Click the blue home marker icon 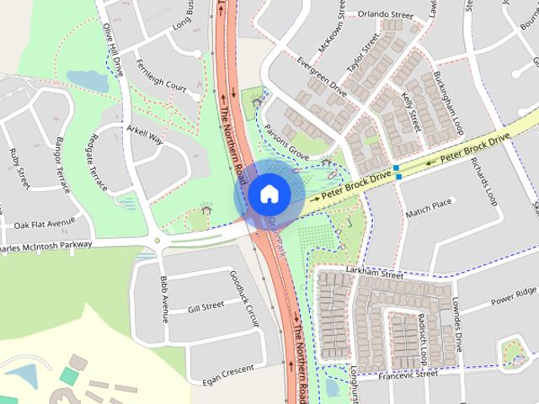click(x=268, y=193)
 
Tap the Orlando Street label click(x=384, y=15)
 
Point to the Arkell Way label click(x=144, y=135)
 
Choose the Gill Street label click(x=206, y=306)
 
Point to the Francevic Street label click(x=408, y=375)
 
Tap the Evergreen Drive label click(x=324, y=74)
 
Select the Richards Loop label click(x=487, y=180)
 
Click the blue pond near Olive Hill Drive click(x=87, y=81)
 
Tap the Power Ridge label click(x=514, y=295)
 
